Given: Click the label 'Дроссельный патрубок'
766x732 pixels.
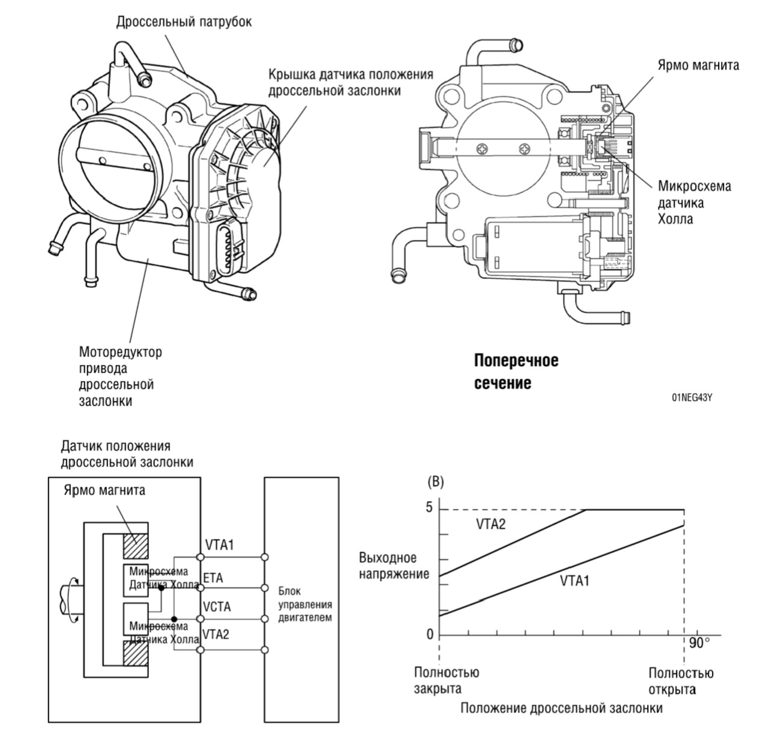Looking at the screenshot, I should click(x=183, y=22).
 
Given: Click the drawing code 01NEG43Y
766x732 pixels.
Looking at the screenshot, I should click(x=696, y=397).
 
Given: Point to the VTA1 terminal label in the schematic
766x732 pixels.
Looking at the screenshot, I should click(x=219, y=545).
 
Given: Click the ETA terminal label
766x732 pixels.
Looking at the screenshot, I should click(x=213, y=578).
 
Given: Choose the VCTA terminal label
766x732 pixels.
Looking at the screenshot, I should click(x=217, y=607).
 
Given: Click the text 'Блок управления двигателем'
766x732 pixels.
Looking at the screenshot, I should click(x=305, y=604).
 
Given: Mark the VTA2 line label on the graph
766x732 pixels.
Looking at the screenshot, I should click(x=491, y=524).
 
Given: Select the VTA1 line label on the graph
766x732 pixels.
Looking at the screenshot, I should click(x=575, y=581).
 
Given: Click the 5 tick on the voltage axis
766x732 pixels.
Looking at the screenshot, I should click(x=429, y=508).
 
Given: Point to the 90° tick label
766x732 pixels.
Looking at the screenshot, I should click(x=699, y=643).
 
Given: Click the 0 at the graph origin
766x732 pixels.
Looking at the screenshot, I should click(x=429, y=634).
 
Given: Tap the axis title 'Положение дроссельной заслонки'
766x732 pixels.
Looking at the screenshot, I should click(x=561, y=708).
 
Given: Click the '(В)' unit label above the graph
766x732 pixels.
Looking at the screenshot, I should click(x=434, y=482).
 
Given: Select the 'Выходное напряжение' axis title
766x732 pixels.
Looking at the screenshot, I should click(x=394, y=566).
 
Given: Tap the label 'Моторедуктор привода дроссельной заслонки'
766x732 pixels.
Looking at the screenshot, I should click(x=120, y=376).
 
